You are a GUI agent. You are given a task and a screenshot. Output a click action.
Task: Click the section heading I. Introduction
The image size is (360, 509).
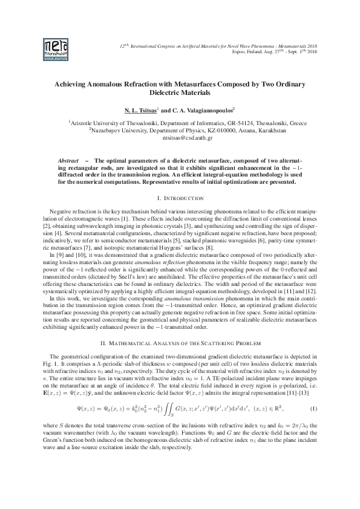click(x=180, y=198)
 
